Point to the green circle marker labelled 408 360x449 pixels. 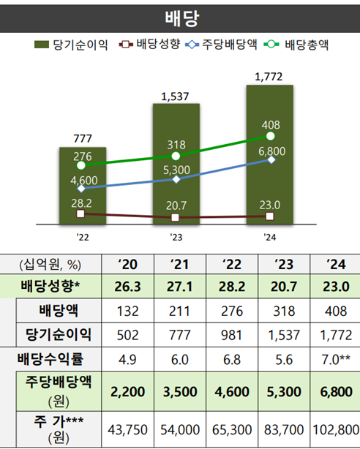pos(271,137)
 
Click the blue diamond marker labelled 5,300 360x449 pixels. pos(176,179)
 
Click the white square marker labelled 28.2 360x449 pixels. pos(80,214)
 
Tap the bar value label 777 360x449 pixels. pos(82,138)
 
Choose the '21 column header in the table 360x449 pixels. pos(179,263)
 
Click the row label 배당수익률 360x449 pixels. pos(50,358)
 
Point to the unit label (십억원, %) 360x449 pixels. pos(44,263)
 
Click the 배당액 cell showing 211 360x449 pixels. pos(179,311)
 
